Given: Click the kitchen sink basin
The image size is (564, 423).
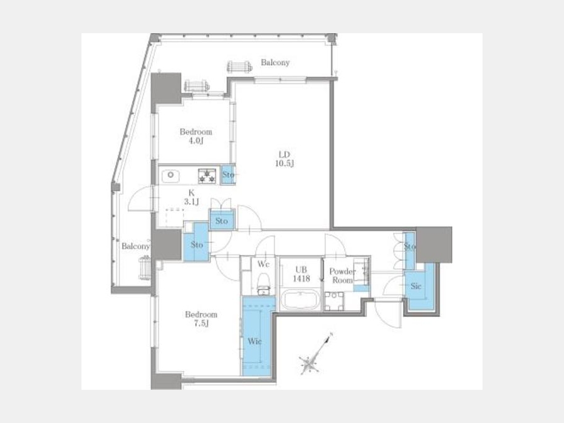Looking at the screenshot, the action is click(170, 175).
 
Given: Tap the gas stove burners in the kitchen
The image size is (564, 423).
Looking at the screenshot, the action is click(207, 175).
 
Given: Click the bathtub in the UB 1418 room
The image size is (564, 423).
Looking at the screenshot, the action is click(300, 300).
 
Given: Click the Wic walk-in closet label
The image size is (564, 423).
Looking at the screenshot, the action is click(254, 341).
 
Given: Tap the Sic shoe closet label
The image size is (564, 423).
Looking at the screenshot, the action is click(416, 286).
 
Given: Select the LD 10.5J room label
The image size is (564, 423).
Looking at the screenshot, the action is click(284, 159).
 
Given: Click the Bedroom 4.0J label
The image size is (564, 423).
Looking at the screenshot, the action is click(196, 136).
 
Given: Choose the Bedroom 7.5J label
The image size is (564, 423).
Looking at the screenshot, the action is click(201, 319).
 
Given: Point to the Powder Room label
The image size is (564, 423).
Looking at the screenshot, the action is click(342, 276).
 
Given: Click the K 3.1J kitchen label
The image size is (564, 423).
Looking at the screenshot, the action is click(191, 197).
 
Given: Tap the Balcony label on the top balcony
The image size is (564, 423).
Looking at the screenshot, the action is click(275, 62).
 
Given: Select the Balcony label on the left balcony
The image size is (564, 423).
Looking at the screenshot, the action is click(135, 246).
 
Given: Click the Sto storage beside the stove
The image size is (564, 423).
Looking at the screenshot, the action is click(227, 175).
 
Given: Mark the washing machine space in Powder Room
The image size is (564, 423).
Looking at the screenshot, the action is click(334, 301).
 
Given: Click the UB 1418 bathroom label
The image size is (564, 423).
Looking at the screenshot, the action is click(301, 274).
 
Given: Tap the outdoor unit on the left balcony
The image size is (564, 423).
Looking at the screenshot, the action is click(145, 268).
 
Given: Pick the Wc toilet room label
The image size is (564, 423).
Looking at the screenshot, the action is click(263, 264).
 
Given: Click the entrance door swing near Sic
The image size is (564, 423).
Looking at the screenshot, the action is click(388, 314).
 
